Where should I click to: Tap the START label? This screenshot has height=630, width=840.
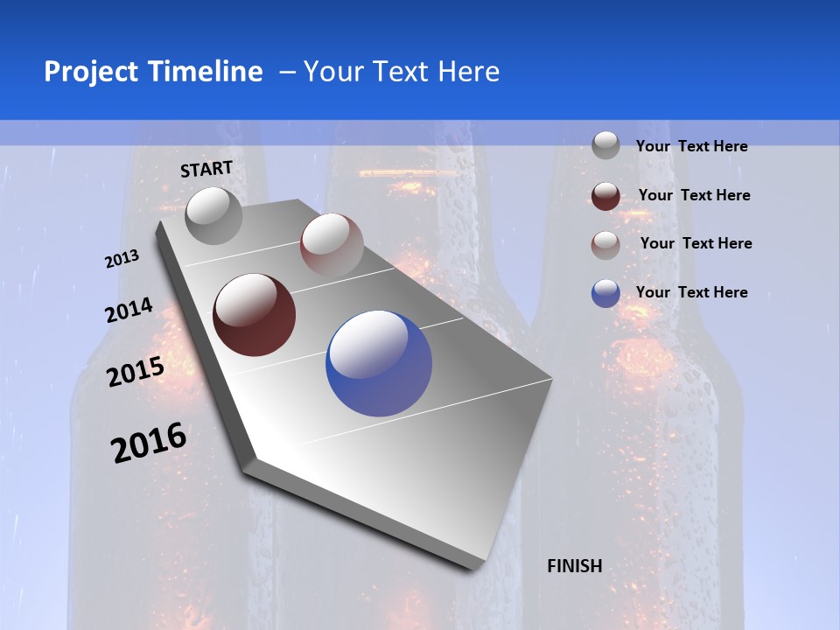(x=206, y=169)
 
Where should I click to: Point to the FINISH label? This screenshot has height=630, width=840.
(x=575, y=566)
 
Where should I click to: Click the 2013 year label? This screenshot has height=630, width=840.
(x=122, y=259)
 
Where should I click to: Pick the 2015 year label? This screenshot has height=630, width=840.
(x=136, y=372)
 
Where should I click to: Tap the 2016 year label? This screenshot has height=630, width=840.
(x=149, y=442)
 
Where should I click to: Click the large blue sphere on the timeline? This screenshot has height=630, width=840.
(x=379, y=363)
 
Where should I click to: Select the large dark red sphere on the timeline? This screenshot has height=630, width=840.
(x=254, y=315)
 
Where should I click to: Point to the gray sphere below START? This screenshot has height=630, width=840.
(x=214, y=215)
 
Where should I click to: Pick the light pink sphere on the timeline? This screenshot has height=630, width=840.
(x=332, y=244)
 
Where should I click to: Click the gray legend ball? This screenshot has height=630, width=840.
(x=605, y=145)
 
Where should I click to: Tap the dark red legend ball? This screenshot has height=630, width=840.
(x=605, y=196)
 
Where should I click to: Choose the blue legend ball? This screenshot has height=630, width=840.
(x=605, y=293)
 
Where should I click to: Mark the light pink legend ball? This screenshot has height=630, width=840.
(x=605, y=244)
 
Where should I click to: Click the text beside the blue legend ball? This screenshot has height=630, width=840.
(x=691, y=292)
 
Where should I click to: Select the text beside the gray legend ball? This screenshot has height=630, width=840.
(x=691, y=146)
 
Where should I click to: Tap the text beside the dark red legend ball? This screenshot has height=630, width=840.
(x=694, y=195)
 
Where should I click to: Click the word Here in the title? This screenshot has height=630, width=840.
(x=469, y=72)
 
